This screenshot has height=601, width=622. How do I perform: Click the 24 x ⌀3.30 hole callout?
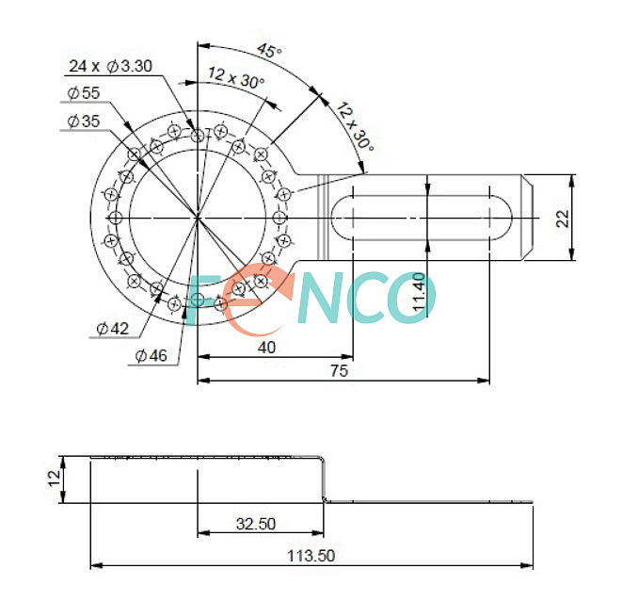[x=110, y=66]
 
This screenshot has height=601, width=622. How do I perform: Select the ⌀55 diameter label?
[x=84, y=93]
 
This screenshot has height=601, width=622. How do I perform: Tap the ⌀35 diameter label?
[x=84, y=122]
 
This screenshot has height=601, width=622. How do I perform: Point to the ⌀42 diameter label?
[x=113, y=329]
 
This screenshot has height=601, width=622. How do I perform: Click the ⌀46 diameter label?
[x=152, y=355]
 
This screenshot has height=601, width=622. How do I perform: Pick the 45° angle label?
[x=269, y=51]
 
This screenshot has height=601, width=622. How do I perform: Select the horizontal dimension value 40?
[x=266, y=348]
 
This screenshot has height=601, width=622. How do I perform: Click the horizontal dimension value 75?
[x=339, y=370]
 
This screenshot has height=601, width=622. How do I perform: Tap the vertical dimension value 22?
[x=563, y=219]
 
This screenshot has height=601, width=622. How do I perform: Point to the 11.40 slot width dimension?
[x=420, y=292]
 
